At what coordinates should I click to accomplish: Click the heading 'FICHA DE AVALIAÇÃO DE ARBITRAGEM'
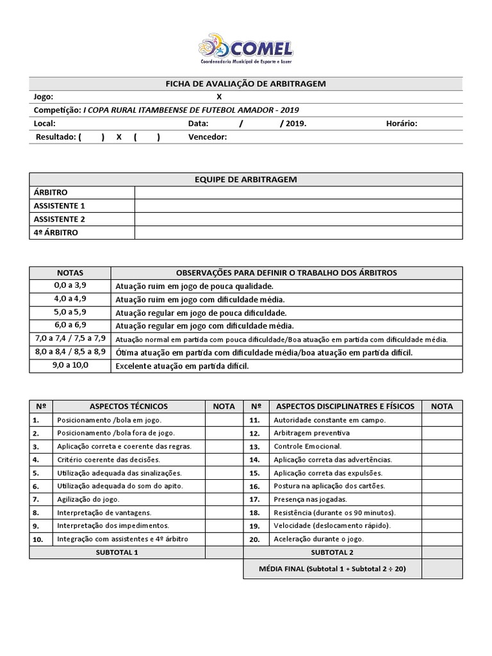[245, 84]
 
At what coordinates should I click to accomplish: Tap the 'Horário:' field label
[402, 124]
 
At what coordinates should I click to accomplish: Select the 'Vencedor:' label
[208, 137]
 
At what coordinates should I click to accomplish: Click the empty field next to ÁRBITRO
[298, 193]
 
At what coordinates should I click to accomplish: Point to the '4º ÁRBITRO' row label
[56, 233]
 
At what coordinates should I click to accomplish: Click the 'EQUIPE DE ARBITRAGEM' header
[245, 179]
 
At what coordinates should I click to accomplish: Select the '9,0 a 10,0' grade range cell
[70, 366]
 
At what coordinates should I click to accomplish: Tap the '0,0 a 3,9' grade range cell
[70, 286]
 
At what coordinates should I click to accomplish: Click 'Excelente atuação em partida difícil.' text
[181, 366]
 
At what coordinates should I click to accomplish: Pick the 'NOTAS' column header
[70, 273]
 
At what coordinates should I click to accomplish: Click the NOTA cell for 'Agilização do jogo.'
[224, 499]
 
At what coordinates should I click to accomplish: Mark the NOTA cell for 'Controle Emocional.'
[442, 446]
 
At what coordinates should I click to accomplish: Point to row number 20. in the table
[254, 539]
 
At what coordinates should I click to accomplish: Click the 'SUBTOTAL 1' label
[117, 552]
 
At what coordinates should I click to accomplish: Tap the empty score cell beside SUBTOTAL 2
[442, 552]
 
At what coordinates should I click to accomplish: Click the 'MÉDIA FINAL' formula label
[332, 569]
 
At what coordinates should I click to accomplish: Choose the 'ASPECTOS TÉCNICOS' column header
[129, 406]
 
